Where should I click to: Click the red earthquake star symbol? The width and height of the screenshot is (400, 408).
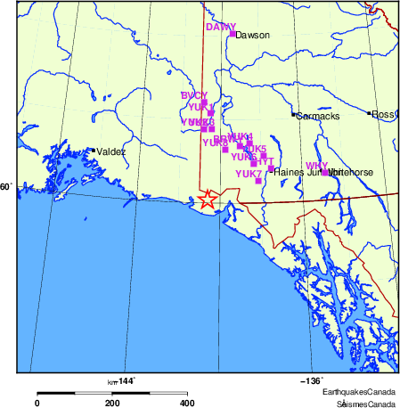tap(208, 200)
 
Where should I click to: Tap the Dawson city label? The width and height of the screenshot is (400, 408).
tap(252, 36)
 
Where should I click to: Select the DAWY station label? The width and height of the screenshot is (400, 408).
tap(220, 27)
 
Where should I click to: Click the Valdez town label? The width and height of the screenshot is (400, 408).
tap(111, 152)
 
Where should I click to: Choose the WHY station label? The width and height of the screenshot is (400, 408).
tap(316, 166)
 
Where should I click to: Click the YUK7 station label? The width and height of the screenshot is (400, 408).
tap(248, 173)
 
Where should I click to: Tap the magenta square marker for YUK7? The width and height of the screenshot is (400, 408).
tap(258, 181)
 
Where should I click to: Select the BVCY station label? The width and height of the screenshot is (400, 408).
tap(193, 95)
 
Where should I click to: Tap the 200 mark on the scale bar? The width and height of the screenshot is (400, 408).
tap(112, 403)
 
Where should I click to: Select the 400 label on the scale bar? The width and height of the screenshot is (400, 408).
tap(187, 403)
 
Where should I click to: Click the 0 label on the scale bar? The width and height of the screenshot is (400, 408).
tap(37, 403)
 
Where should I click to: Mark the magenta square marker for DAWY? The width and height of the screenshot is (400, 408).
tap(233, 34)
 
